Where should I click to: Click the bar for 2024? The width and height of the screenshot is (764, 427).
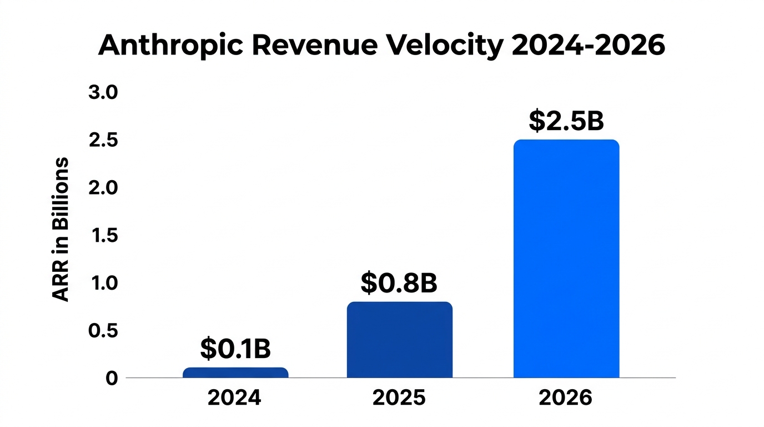(x=235, y=373)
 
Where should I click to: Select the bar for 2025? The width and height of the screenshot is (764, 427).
(x=399, y=340)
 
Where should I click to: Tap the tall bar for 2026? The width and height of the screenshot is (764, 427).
(x=566, y=259)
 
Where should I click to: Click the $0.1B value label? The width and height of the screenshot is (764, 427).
(x=235, y=349)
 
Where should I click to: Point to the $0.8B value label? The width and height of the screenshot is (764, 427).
(x=399, y=283)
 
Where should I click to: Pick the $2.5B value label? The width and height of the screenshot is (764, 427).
(x=566, y=121)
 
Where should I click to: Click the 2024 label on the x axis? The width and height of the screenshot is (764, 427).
(x=234, y=398)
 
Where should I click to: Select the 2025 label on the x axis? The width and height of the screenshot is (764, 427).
(x=399, y=398)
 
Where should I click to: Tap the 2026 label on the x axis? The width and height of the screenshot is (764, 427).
(x=566, y=398)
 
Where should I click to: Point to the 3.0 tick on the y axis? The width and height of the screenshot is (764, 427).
(x=103, y=92)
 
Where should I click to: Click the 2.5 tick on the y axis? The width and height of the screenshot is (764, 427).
(x=103, y=140)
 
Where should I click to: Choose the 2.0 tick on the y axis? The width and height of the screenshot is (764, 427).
(x=103, y=188)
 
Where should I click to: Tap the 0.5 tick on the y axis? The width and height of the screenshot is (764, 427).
(x=103, y=331)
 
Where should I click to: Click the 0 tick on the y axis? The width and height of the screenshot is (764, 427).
(x=112, y=378)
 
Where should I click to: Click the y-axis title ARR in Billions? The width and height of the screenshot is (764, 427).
(x=61, y=230)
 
